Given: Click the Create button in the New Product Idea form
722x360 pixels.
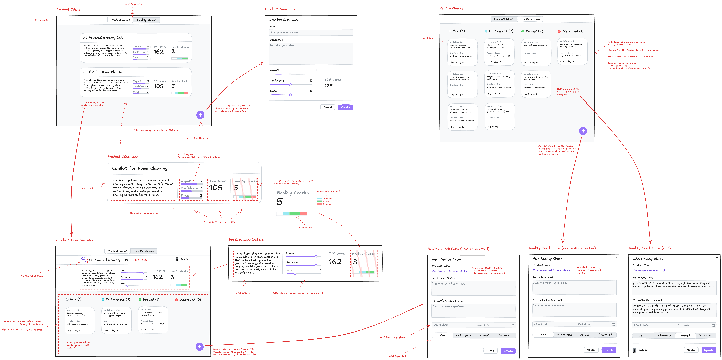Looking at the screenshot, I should (x=345, y=107).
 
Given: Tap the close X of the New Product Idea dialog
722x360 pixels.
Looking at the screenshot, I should (x=353, y=19).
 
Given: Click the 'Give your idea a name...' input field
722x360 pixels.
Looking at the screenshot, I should (x=311, y=33).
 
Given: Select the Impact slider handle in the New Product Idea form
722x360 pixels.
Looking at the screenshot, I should (x=290, y=74).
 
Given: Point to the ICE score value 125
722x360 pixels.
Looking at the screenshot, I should (x=328, y=86).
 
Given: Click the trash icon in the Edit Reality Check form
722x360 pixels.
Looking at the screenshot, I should (x=635, y=350).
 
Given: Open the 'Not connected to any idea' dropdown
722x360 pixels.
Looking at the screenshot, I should (x=551, y=270).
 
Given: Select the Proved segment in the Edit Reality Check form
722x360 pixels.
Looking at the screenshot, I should (x=685, y=336).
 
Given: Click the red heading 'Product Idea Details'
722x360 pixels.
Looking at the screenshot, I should (x=246, y=240).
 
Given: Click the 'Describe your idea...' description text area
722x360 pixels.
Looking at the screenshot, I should (x=311, y=53).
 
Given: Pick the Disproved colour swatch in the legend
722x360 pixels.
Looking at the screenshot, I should (x=319, y=204).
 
